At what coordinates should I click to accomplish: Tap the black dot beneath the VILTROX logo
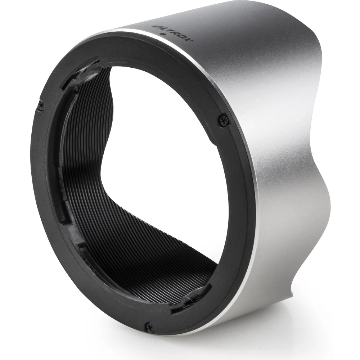pyautogui.click(x=163, y=35)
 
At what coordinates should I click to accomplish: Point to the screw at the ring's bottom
pyautogui.click(x=148, y=325)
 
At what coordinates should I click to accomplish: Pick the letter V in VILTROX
pyautogui.click(x=155, y=27)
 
